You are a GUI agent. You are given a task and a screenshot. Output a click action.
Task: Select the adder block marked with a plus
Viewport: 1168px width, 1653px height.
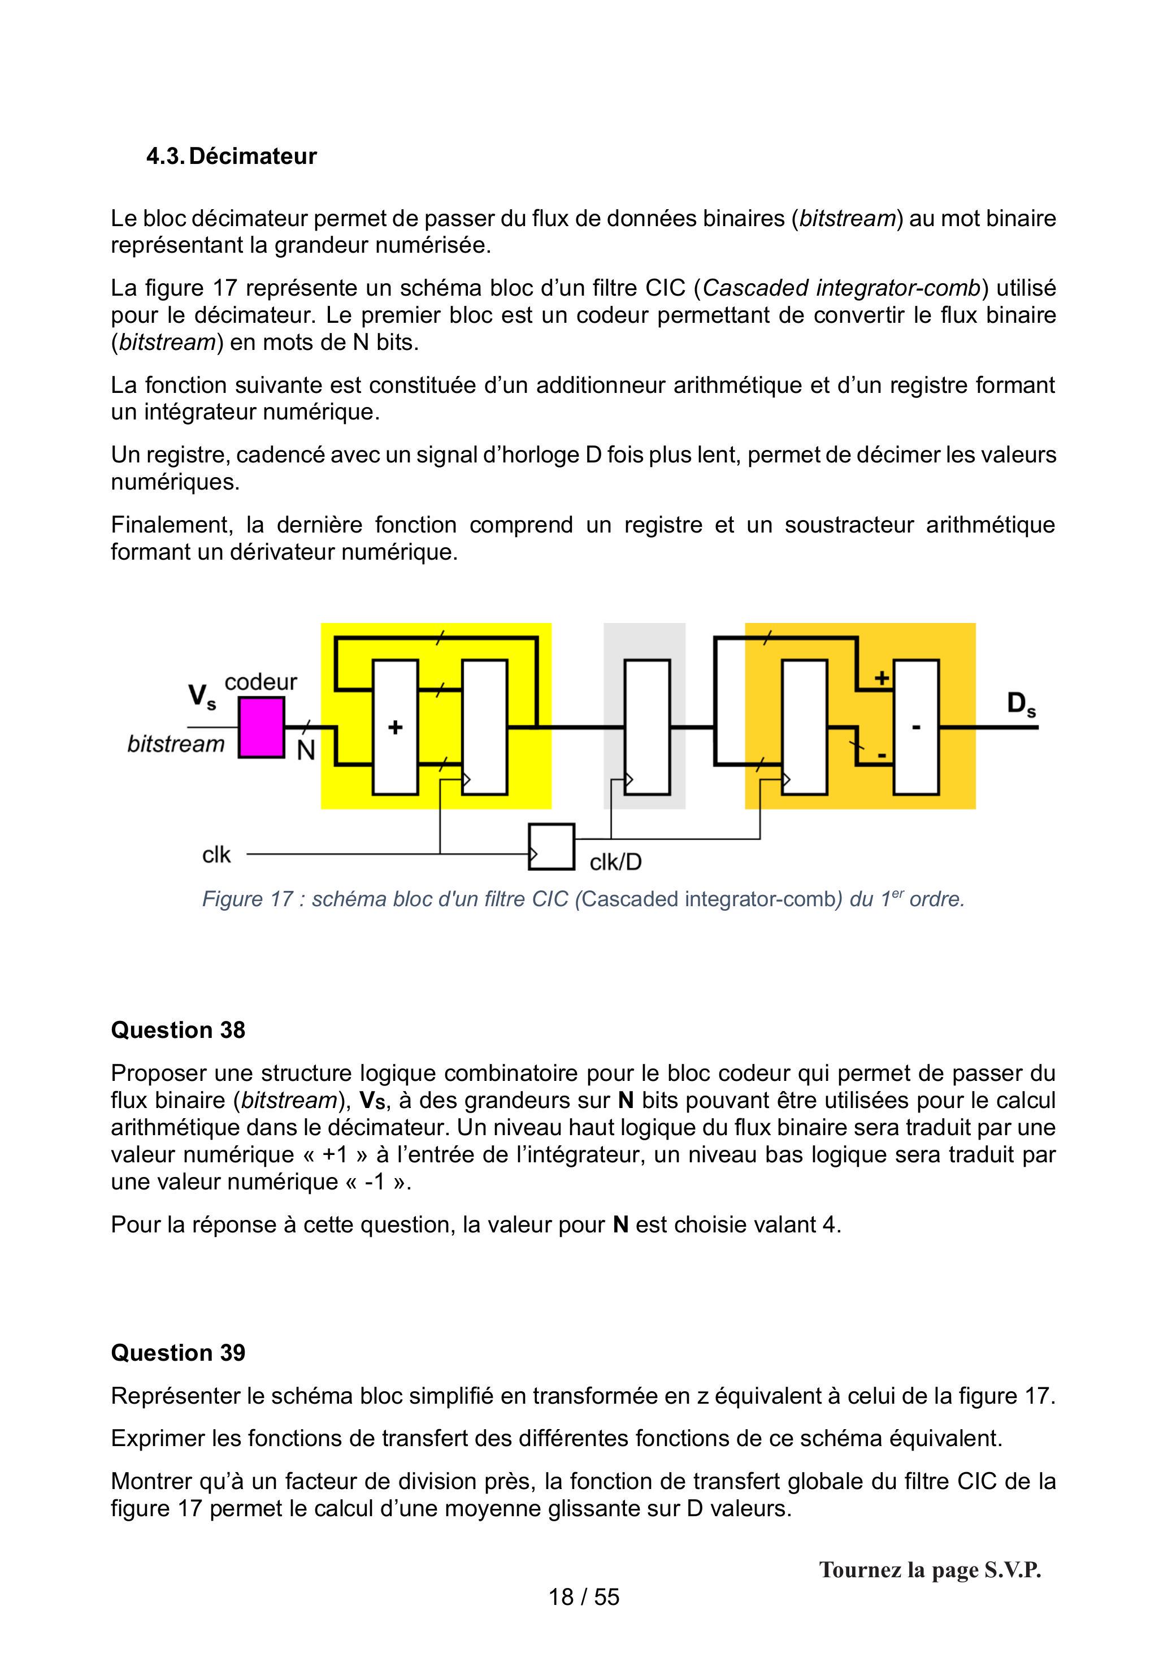pyautogui.click(x=395, y=727)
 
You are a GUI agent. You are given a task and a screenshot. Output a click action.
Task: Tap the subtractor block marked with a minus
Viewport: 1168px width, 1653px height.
pyautogui.click(x=916, y=727)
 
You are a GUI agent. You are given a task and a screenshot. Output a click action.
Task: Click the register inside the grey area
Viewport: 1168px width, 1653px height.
pyautogui.click(x=647, y=727)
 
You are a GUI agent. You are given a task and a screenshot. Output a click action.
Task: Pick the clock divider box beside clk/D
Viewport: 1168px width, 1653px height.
pyautogui.click(x=552, y=847)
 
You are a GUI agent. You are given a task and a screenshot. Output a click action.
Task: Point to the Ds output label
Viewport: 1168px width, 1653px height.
pyautogui.click(x=1021, y=704)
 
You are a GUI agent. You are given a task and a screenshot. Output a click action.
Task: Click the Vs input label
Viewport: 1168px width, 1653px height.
pyautogui.click(x=202, y=697)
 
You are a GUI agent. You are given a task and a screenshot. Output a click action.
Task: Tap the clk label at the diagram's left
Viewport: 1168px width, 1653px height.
pyautogui.click(x=216, y=855)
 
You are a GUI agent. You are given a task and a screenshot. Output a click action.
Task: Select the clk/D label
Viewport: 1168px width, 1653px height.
pyautogui.click(x=615, y=862)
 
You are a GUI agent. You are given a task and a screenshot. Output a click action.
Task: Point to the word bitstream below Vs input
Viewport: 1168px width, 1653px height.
pyautogui.click(x=176, y=744)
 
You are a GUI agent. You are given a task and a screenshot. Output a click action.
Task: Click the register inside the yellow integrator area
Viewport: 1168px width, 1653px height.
pyautogui.click(x=485, y=727)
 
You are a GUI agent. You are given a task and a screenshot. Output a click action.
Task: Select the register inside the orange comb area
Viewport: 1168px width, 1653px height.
pyautogui.click(x=805, y=727)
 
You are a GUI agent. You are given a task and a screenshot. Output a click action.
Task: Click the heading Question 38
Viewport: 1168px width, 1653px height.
pyautogui.click(x=178, y=1030)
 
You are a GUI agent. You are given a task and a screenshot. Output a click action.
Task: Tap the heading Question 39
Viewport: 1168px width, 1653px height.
pyautogui.click(x=178, y=1353)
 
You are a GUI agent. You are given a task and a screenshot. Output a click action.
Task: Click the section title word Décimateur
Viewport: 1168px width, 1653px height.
pyautogui.click(x=253, y=156)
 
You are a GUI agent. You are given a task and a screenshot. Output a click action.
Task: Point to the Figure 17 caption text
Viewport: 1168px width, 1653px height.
pyautogui.click(x=583, y=899)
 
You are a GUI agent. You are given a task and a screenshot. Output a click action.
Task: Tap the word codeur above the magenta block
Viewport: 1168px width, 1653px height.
pyautogui.click(x=260, y=682)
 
